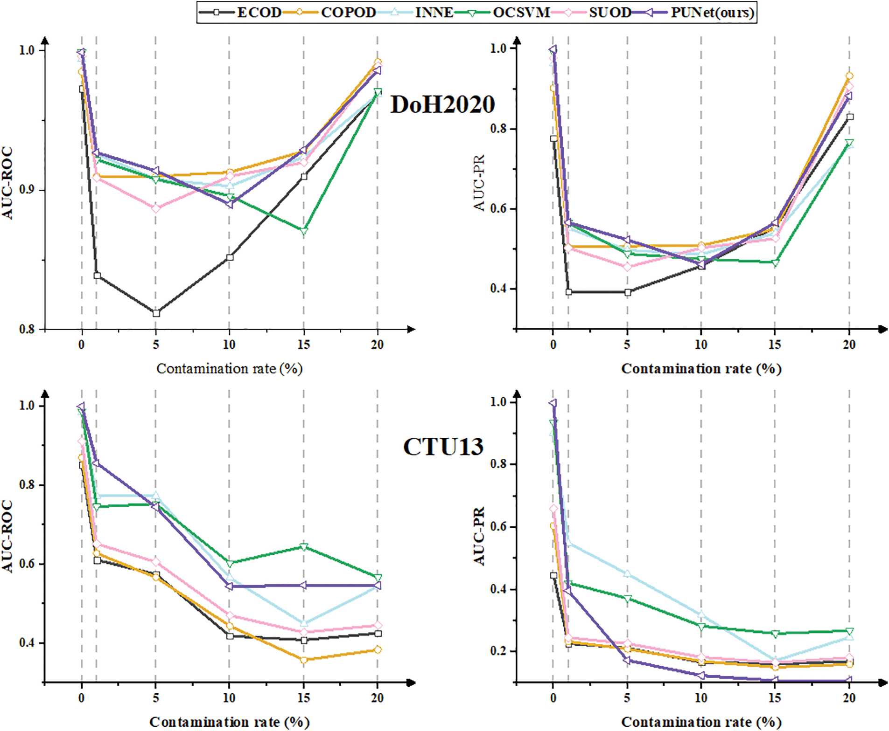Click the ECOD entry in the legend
tap(259, 12)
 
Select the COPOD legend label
tap(348, 12)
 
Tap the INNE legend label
tap(434, 12)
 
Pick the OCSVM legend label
tap(521, 12)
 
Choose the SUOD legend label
tap(609, 12)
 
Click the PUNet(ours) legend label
tap(712, 12)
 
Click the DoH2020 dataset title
tap(442, 104)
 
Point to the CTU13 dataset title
tap(443, 447)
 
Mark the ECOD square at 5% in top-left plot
tap(156, 313)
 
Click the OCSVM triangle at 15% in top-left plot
tap(304, 231)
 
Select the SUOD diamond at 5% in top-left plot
tap(156, 208)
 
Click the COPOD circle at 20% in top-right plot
tap(849, 76)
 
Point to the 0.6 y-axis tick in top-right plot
tap(498, 208)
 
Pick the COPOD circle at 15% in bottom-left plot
tap(304, 660)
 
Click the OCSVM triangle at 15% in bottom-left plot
tap(304, 547)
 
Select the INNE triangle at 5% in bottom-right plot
tap(627, 574)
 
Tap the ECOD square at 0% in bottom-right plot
tap(553, 575)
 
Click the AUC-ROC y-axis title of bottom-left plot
tap(7, 536)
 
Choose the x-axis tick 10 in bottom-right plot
tap(701, 698)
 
